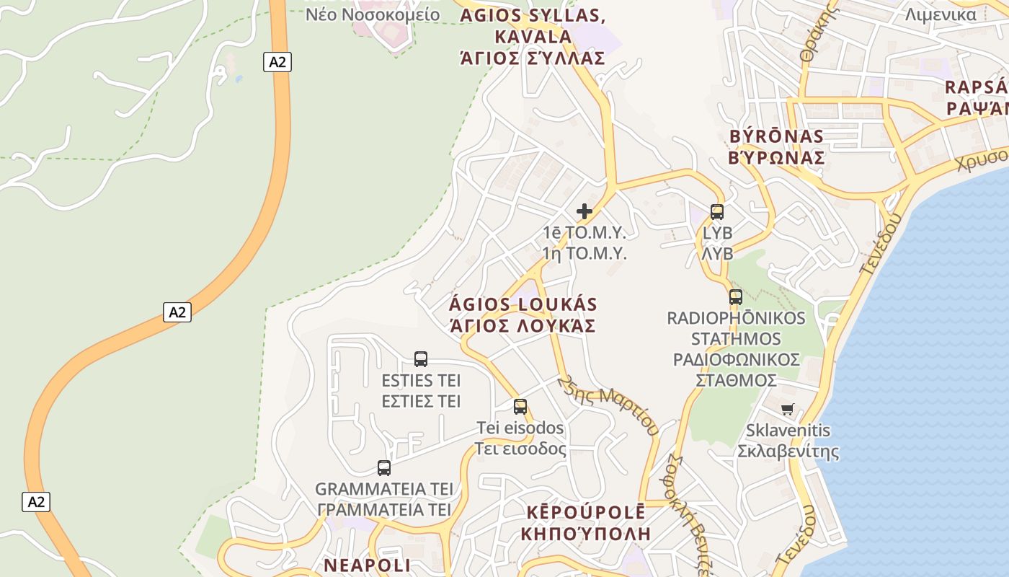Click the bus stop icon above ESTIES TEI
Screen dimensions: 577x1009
tap(421, 358)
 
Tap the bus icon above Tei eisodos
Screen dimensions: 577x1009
tap(520, 406)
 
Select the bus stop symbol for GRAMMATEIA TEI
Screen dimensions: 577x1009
tap(384, 467)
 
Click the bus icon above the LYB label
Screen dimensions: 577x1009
tap(717, 211)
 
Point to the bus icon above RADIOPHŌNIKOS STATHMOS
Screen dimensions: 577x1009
tap(736, 296)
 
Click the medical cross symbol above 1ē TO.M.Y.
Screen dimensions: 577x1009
tap(584, 211)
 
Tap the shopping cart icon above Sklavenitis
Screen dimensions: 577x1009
tap(788, 409)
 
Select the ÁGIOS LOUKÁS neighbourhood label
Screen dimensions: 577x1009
tap(523, 304)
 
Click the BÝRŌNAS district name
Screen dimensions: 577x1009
tap(776, 136)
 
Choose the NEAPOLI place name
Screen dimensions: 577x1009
tap(367, 565)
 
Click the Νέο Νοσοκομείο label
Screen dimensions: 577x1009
tap(373, 14)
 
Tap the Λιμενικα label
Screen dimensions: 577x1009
tap(941, 14)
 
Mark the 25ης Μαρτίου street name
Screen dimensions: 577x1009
tap(610, 405)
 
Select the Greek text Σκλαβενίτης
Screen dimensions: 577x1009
tap(788, 452)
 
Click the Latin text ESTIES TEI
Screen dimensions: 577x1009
tap(421, 380)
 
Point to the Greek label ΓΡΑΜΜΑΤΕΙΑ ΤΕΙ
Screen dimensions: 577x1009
tap(384, 509)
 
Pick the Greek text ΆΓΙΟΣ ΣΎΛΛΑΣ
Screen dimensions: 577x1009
tap(533, 58)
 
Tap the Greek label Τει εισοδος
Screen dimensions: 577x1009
tap(520, 449)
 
